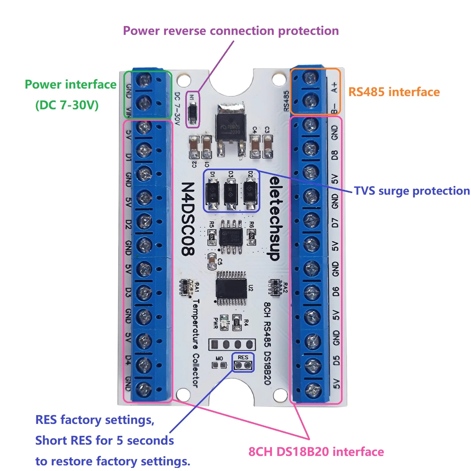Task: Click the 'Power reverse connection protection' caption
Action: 231,31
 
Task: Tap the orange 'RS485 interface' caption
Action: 394,92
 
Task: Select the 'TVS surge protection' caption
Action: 412,191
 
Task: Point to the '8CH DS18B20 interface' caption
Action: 316,452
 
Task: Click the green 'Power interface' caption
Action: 70,85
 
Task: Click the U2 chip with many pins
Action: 231,288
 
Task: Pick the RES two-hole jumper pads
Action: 243,365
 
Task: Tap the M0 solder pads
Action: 219,365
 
